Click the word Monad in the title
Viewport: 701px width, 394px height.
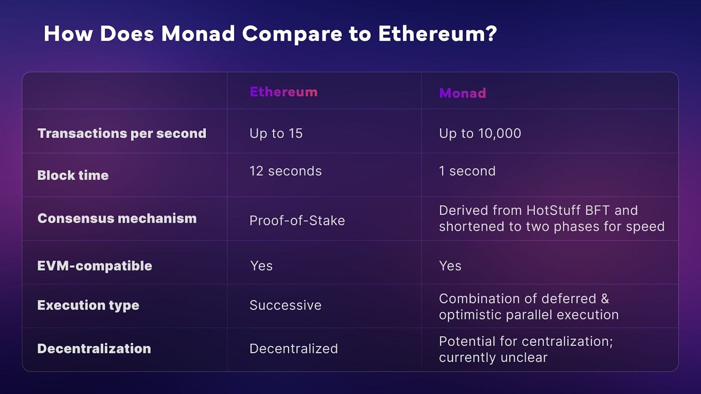pos(198,33)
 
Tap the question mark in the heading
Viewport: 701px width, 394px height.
pos(490,33)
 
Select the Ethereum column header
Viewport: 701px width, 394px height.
pos(283,91)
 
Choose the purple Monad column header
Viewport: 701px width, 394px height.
pos(463,93)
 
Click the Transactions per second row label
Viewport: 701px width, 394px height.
pos(122,133)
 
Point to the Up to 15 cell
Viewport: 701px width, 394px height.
pos(276,133)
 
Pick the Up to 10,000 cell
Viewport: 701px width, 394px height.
pos(480,134)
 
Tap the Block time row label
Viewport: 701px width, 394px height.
pos(73,175)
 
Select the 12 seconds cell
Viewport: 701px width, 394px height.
pos(285,171)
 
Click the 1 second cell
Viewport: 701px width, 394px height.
pos(467,171)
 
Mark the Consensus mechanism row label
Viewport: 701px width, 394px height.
pos(117,218)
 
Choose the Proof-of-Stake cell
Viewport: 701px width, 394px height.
pos(297,221)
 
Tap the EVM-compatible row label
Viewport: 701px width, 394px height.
pos(95,266)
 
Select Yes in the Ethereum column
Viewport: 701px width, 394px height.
pos(261,266)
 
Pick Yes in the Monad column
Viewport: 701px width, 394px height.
pos(450,266)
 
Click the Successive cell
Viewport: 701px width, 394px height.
pos(285,305)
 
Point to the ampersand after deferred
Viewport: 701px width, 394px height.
pos(605,299)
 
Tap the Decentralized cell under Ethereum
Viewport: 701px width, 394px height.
pos(294,348)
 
